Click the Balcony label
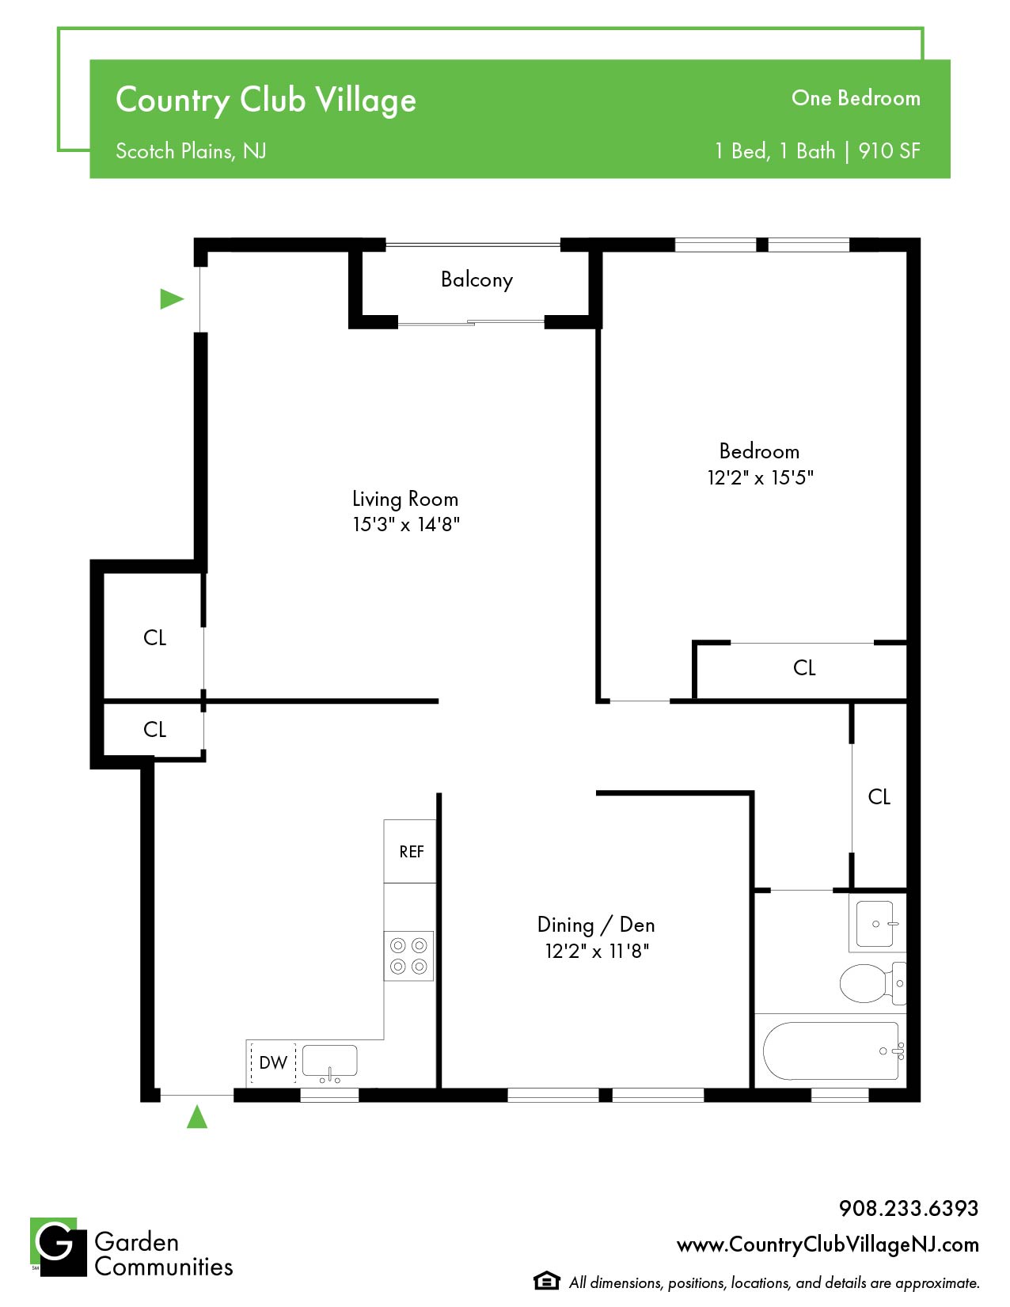click(477, 279)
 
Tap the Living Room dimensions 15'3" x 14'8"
click(406, 525)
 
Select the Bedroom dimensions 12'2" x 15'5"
click(760, 477)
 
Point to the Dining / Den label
click(596, 925)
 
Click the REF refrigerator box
click(410, 851)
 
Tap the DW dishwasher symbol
click(273, 1062)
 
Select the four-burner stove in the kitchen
click(408, 956)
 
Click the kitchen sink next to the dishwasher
click(329, 1061)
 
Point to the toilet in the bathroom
click(872, 983)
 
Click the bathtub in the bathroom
click(833, 1051)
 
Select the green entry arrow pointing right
click(171, 298)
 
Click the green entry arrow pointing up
click(197, 1117)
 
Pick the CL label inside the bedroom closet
click(803, 667)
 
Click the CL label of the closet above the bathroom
click(879, 797)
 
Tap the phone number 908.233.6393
click(909, 1208)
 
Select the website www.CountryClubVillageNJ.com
click(828, 1244)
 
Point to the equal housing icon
click(546, 1281)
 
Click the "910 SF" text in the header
click(889, 151)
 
